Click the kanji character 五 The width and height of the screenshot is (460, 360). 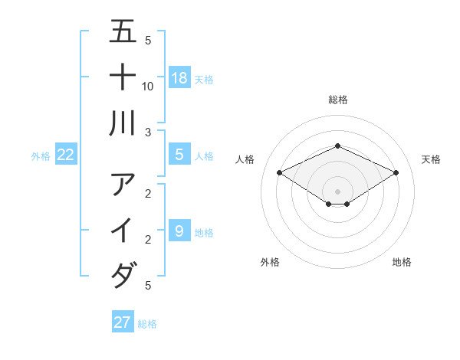click(123, 33)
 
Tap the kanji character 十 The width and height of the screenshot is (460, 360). click(123, 78)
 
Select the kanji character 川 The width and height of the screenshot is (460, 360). click(123, 123)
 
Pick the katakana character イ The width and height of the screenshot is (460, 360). click(123, 230)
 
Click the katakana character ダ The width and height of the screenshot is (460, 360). click(123, 275)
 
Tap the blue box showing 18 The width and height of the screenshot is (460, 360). click(179, 78)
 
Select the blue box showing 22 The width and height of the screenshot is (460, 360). click(66, 155)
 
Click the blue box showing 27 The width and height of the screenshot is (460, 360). click(123, 322)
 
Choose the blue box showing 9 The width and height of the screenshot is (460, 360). click(179, 231)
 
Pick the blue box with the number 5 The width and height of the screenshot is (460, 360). click(179, 155)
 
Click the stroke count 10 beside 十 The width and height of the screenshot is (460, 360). click(148, 86)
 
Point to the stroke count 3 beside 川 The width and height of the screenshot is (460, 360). click(147, 133)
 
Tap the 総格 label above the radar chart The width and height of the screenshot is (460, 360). click(338, 100)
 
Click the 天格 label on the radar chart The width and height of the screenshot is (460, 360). click(431, 159)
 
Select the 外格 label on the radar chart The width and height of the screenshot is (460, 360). click(270, 262)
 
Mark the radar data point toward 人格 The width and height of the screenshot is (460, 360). click(280, 173)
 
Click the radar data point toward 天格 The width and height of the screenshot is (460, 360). click(396, 173)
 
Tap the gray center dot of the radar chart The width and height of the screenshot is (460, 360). click(338, 191)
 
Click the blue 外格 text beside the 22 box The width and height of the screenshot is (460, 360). click(41, 156)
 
